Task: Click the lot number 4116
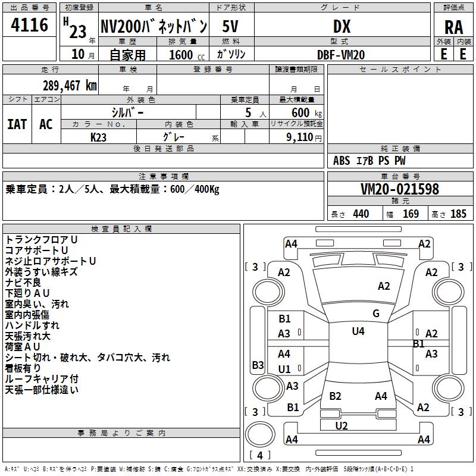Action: coord(29,24)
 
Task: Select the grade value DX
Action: coord(342,26)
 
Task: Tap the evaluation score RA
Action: coord(453,27)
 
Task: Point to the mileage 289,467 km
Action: coord(70,85)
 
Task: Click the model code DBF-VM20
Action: coord(340,55)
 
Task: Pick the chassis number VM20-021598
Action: coord(400,189)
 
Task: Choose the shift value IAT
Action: coord(17,124)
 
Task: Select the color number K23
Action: coord(98,137)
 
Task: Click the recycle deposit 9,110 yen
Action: coord(303,137)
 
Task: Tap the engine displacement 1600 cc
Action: coord(187,55)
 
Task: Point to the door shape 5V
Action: coord(230,26)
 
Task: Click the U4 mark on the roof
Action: coord(358,331)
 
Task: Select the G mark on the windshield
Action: coord(376,313)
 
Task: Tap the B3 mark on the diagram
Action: coord(258,365)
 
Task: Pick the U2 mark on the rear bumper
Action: coord(341,425)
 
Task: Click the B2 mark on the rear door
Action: coord(335,396)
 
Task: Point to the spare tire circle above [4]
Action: coord(260,434)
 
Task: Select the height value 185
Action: coord(458,214)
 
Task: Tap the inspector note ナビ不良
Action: coord(23,282)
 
